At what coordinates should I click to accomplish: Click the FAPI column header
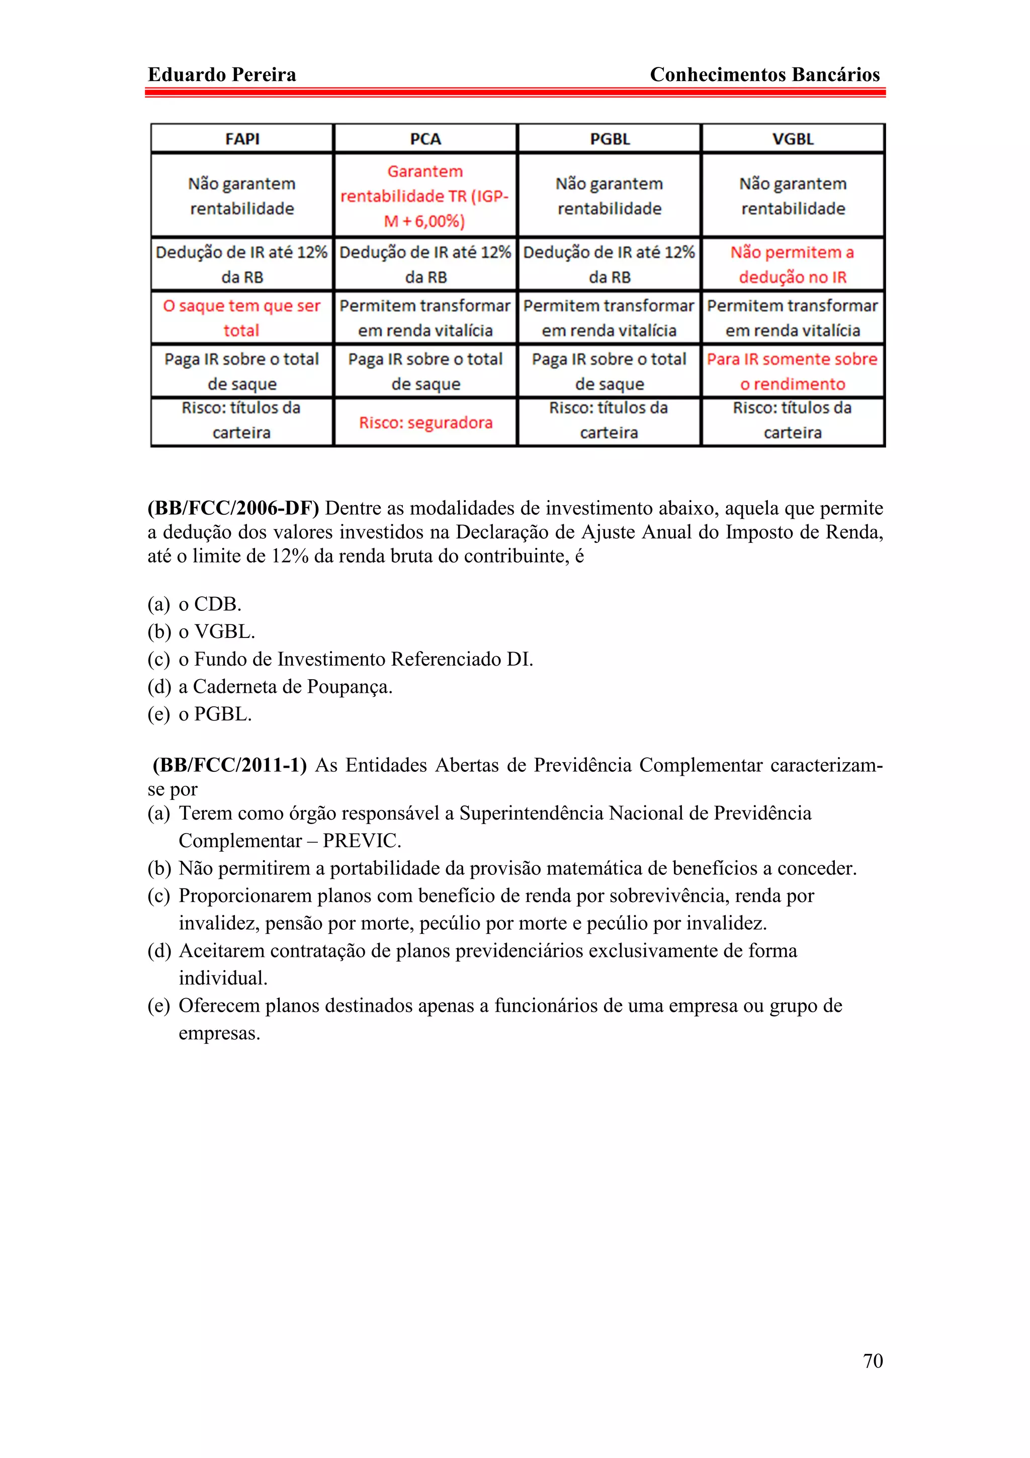242,138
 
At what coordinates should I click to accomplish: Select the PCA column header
425,138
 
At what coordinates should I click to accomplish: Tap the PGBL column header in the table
609,138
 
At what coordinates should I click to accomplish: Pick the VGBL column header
793,138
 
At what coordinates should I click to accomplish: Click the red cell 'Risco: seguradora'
425,422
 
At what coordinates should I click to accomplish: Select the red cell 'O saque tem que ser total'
242,317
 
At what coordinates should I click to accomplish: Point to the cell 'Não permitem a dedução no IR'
793,264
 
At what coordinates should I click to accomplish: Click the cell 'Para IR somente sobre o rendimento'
793,371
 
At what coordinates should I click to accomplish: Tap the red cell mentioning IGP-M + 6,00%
425,196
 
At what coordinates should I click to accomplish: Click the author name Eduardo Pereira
221,74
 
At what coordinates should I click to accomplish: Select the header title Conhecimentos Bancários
765,74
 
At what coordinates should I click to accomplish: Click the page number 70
873,1360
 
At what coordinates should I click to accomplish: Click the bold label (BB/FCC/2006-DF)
233,508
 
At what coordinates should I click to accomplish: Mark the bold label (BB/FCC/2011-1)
230,765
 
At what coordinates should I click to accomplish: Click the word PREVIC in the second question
361,841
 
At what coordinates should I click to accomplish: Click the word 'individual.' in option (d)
223,978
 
